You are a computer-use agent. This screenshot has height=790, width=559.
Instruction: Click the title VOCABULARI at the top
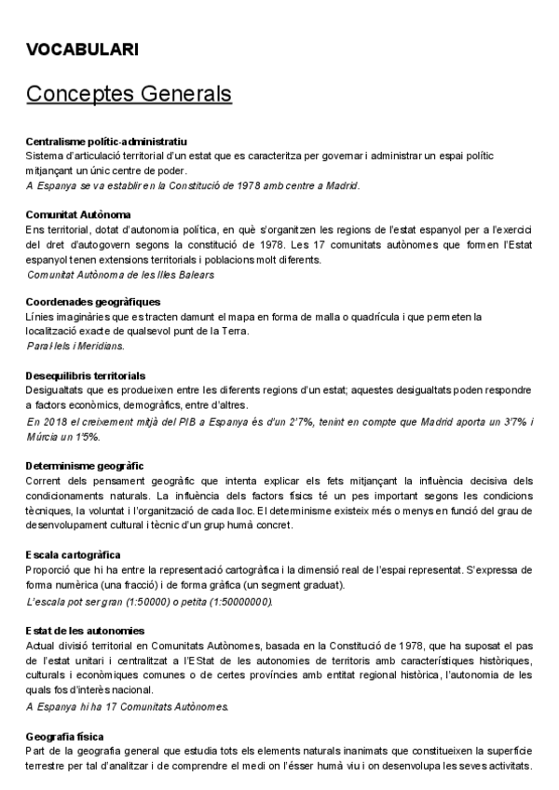[83, 49]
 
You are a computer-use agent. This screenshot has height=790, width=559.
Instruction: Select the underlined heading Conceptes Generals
[129, 94]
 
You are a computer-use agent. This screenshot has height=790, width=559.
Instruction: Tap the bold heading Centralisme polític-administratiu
[107, 141]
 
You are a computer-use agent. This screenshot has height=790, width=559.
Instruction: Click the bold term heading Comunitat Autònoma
[78, 214]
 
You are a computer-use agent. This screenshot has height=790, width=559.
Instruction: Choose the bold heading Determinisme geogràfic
[85, 465]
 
